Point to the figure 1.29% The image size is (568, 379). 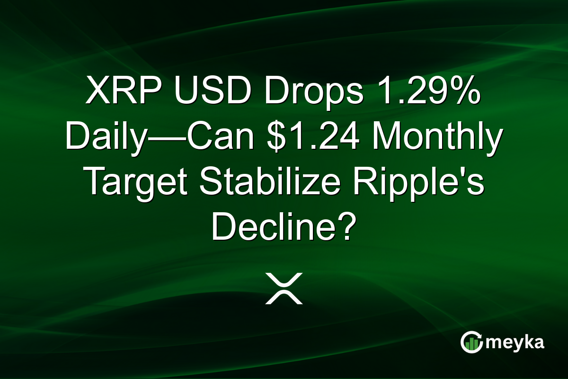tap(434, 92)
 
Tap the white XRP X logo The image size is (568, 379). tap(284, 289)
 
